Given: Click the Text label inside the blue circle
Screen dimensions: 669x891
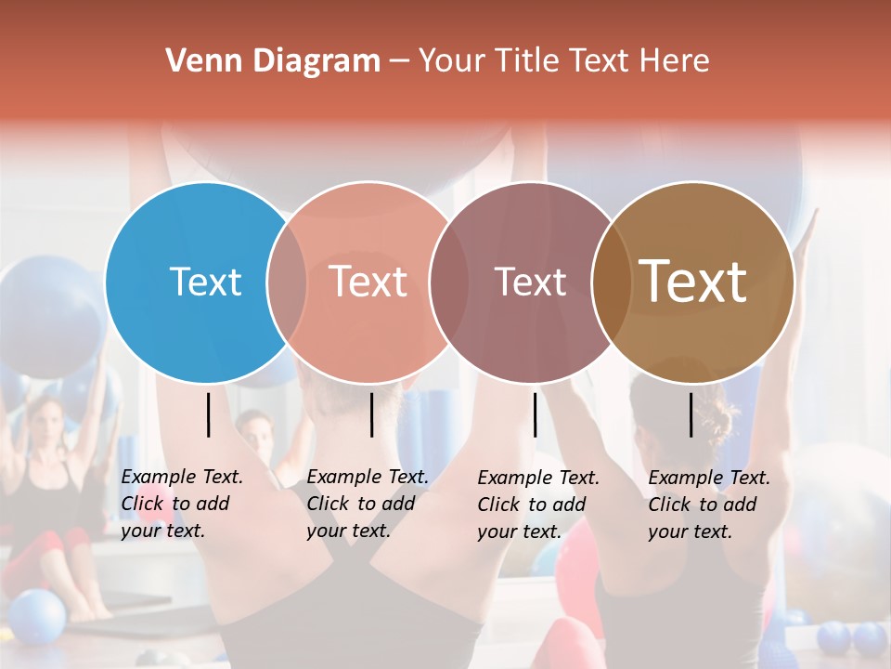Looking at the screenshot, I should coord(205,282).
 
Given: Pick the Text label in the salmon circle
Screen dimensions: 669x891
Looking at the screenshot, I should coord(368,282).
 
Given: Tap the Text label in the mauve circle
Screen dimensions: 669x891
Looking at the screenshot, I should coord(530,282).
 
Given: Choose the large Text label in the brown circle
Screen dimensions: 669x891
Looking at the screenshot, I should coord(693,282).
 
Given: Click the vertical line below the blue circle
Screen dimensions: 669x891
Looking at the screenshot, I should coord(209,414).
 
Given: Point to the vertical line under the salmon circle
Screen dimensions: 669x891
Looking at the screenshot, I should coord(371,414).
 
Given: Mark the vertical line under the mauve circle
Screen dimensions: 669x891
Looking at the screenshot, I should coord(535,414).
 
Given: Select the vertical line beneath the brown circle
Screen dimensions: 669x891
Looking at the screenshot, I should coord(691,414).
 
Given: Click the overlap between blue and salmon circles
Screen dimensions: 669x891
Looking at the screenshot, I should coord(287,282).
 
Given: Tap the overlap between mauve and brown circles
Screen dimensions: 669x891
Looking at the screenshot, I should coord(611,282).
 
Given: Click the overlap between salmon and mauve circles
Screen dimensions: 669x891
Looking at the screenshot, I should coord(449,282).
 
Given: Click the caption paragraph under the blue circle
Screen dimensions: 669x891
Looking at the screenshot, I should coord(181,504).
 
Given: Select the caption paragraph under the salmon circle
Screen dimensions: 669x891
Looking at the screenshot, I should coord(367,504).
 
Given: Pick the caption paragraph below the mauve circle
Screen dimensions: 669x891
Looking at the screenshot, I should coord(537,505).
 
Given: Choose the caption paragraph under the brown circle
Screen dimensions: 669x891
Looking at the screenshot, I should coord(708,505).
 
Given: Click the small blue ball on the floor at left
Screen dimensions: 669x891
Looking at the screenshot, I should coord(38,616).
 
